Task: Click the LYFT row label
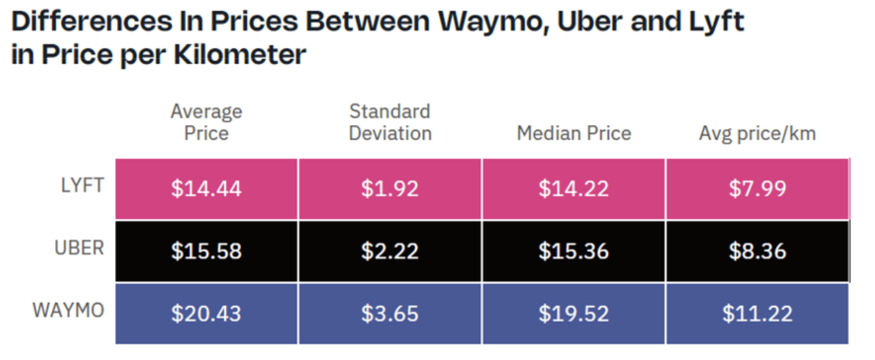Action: click(82, 185)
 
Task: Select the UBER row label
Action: click(79, 248)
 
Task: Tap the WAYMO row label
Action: click(68, 310)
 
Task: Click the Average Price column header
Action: click(206, 122)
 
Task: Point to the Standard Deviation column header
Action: click(390, 122)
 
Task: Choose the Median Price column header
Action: click(574, 134)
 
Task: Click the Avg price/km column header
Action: click(757, 134)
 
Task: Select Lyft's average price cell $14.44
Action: click(206, 189)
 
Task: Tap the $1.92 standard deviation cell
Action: click(390, 189)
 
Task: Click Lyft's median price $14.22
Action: click(574, 189)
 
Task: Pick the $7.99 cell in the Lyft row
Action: click(757, 189)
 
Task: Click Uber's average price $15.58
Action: click(206, 251)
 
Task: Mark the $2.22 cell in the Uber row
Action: click(390, 251)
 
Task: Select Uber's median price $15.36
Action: click(574, 251)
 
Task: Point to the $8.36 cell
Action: click(757, 251)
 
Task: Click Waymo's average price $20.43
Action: click(206, 314)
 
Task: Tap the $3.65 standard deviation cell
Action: click(390, 314)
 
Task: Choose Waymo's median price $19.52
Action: click(574, 314)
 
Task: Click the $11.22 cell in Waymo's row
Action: click(757, 314)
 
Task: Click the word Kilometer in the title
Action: click(240, 55)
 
